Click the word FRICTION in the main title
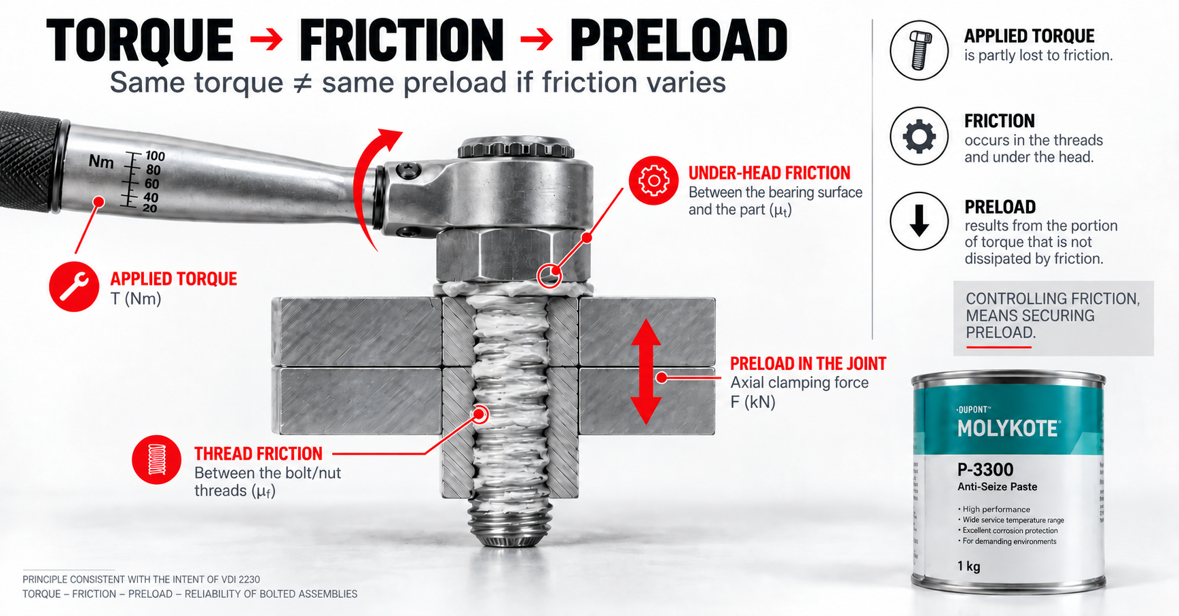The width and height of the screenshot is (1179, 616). (401, 41)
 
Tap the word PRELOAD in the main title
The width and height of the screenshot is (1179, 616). (678, 41)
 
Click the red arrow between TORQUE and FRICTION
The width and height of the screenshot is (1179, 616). (266, 39)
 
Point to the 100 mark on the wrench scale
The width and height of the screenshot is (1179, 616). (155, 156)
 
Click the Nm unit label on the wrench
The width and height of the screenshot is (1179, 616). (101, 162)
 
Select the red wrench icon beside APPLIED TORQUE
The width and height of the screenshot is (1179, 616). (74, 287)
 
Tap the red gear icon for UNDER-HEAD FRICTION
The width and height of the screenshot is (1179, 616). (653, 181)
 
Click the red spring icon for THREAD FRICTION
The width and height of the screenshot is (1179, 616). (157, 460)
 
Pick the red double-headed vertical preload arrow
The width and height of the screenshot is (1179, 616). (646, 372)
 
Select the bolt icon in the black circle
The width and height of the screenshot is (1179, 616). (920, 50)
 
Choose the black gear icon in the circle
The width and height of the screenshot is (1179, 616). (920, 136)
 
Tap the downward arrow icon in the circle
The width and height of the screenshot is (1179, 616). (920, 222)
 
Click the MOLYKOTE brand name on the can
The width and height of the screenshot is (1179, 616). (1008, 428)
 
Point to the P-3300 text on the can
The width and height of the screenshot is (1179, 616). (985, 470)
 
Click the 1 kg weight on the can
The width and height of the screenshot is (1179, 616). (968, 566)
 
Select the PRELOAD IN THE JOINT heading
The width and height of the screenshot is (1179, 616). (808, 364)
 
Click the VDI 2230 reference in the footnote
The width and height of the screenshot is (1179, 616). (240, 579)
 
